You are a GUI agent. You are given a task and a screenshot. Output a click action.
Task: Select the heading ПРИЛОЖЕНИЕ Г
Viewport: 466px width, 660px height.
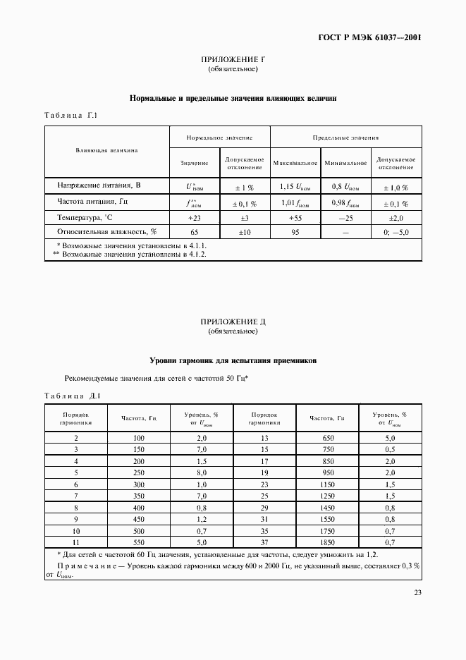tap(233, 60)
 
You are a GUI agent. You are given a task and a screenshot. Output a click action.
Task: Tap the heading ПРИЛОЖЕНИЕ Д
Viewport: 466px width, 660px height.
tap(233, 322)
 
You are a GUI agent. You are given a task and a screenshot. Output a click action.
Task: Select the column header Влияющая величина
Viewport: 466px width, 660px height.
tap(106, 150)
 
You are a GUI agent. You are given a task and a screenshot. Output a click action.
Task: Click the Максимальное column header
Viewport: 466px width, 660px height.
tap(295, 163)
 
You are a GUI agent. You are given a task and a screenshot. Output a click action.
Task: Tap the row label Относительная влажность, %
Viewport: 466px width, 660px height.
tap(106, 231)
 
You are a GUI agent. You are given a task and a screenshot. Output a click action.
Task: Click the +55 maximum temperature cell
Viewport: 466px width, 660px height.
tap(295, 218)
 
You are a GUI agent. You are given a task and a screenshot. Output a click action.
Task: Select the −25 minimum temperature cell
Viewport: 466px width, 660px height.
tap(345, 218)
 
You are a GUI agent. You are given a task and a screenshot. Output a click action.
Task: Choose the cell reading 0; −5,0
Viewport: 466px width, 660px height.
tap(396, 231)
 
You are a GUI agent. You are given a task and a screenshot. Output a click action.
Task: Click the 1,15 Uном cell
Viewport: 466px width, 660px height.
tap(295, 187)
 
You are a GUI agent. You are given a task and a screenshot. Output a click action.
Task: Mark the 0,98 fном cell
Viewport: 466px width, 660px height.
tap(345, 203)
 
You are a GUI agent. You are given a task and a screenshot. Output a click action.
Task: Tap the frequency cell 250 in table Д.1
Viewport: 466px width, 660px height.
tap(138, 472)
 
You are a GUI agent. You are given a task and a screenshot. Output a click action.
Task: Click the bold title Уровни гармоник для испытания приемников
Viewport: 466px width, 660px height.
tap(233, 360)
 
